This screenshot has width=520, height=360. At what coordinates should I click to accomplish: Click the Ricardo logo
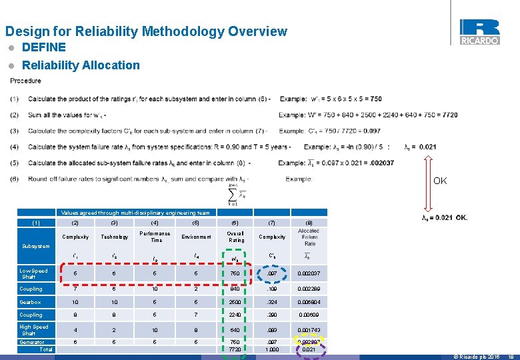[x=479, y=31]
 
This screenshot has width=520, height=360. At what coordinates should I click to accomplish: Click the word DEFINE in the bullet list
[x=44, y=47]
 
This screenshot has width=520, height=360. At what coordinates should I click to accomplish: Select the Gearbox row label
[x=30, y=302]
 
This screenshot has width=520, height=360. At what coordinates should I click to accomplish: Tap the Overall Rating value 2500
[x=235, y=302]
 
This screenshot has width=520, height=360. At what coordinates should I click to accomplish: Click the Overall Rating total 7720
[x=235, y=349]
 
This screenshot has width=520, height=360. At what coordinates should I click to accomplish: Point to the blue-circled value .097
[x=272, y=274]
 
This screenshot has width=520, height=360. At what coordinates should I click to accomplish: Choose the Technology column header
[x=114, y=237]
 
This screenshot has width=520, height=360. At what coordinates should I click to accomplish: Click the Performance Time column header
[x=155, y=237]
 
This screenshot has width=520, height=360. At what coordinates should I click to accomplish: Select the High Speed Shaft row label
[x=34, y=330]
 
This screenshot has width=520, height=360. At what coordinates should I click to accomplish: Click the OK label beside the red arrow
[x=440, y=181]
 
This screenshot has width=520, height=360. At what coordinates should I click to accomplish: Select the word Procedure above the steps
[x=26, y=81]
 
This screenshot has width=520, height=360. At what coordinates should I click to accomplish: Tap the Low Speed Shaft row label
[x=33, y=274]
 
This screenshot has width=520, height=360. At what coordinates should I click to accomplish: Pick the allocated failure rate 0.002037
[x=310, y=274]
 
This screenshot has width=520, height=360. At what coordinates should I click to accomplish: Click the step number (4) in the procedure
[x=15, y=147]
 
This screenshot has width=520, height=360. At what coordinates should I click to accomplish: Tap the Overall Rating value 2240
[x=235, y=315]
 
